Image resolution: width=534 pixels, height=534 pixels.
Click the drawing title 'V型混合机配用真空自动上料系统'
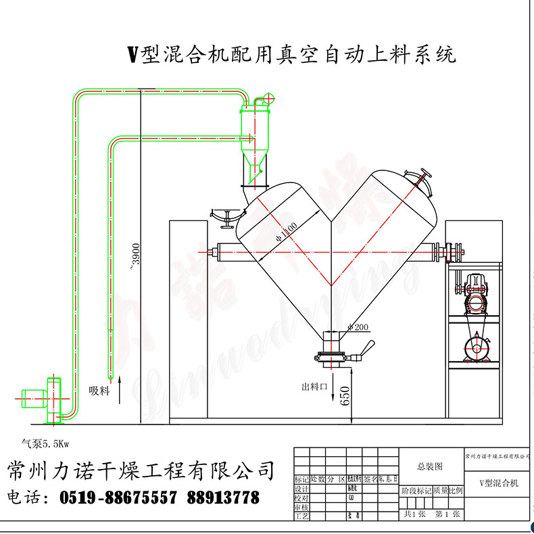(292, 53)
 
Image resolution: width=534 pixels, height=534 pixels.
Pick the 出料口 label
(314, 387)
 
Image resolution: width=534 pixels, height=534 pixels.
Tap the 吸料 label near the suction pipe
(99, 390)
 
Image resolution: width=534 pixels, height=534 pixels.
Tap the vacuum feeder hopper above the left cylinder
(253, 139)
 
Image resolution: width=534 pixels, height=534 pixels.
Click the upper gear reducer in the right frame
(474, 292)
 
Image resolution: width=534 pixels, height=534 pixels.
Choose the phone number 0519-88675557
(118, 498)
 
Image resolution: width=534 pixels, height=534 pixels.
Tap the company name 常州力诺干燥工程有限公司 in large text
(141, 470)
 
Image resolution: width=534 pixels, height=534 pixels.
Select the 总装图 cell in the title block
(430, 466)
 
